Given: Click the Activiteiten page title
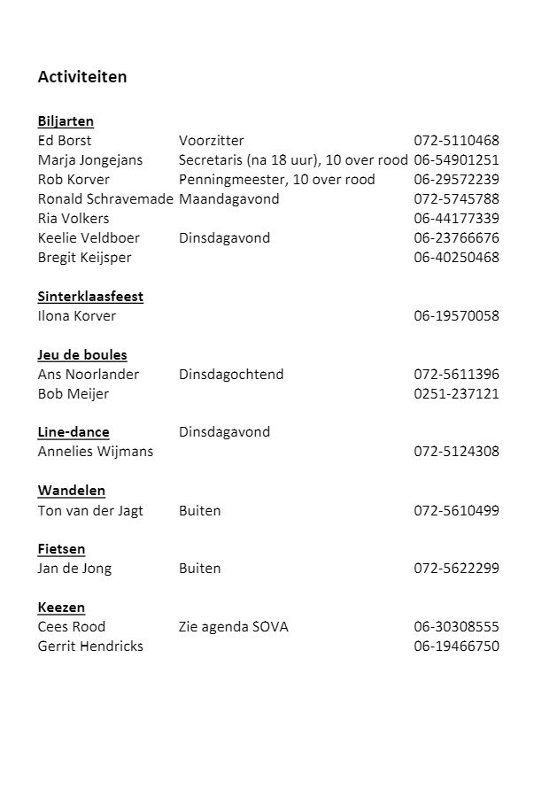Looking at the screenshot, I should pyautogui.click(x=81, y=77).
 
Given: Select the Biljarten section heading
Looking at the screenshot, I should pyautogui.click(x=66, y=121).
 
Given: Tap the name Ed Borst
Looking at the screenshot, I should pyautogui.click(x=64, y=141).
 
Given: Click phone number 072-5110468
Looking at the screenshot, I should pyautogui.click(x=456, y=141).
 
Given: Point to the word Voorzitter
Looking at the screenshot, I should pyautogui.click(x=211, y=141).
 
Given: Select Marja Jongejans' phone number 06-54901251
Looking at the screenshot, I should pyautogui.click(x=456, y=160).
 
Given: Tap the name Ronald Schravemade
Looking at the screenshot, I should pyautogui.click(x=104, y=199).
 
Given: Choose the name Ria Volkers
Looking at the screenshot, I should pyautogui.click(x=73, y=219).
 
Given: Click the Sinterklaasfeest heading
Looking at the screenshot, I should pyautogui.click(x=90, y=297).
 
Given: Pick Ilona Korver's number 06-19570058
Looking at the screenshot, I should pyautogui.click(x=456, y=316).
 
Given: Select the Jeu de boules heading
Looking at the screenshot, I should pyautogui.click(x=82, y=355).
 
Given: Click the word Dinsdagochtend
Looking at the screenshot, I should pyautogui.click(x=231, y=375).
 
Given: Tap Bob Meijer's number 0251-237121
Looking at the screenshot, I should pyautogui.click(x=456, y=394).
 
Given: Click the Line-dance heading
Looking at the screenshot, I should pyautogui.click(x=73, y=432).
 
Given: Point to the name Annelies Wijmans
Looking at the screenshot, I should pyautogui.click(x=95, y=452).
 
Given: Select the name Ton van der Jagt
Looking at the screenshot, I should pyautogui.click(x=90, y=511).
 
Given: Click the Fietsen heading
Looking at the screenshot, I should pyautogui.click(x=61, y=549).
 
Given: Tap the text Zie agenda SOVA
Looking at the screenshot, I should pyautogui.click(x=233, y=627).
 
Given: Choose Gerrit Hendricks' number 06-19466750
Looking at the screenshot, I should pyautogui.click(x=456, y=647).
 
